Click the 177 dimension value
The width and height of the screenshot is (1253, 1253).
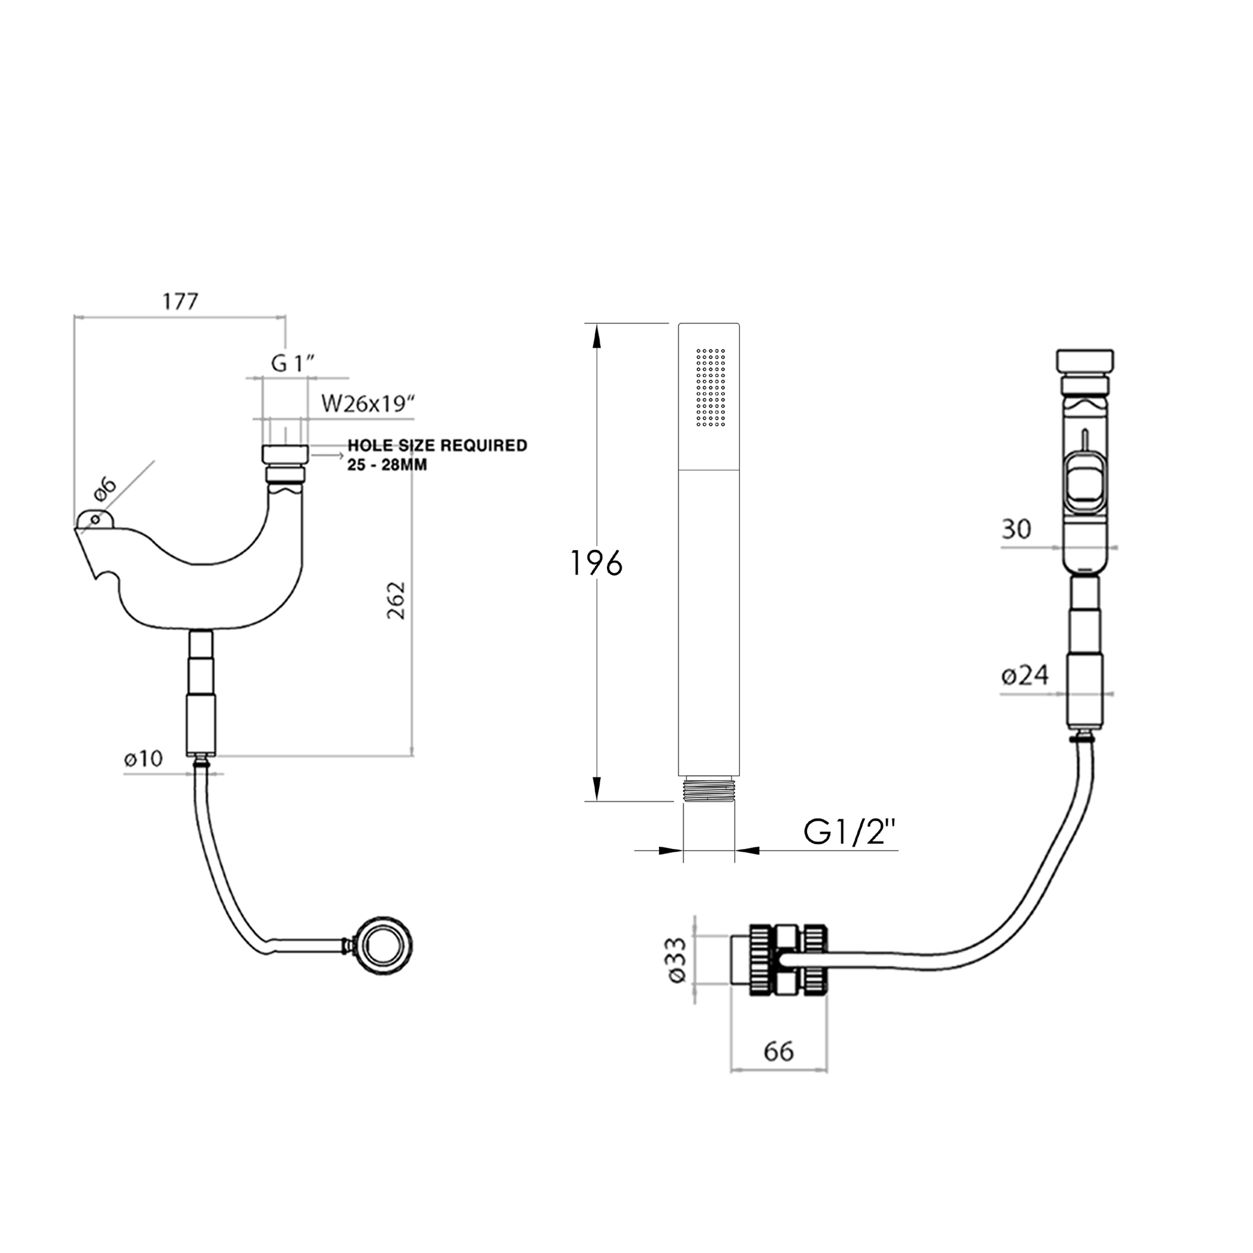180,301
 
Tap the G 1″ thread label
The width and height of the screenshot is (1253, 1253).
293,364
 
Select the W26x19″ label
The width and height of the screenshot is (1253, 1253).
368,403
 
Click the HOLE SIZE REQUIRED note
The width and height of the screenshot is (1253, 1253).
437,445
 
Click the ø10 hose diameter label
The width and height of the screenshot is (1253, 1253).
143,758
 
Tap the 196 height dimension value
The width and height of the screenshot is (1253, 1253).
596,563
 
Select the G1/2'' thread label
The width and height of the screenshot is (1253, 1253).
850,832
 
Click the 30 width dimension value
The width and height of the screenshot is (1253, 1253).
1016,529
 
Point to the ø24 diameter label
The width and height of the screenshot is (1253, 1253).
1025,676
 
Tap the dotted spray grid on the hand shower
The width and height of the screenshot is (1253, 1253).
711,387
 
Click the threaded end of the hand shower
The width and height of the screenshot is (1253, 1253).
709,789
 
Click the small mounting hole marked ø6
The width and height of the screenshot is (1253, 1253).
96,519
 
